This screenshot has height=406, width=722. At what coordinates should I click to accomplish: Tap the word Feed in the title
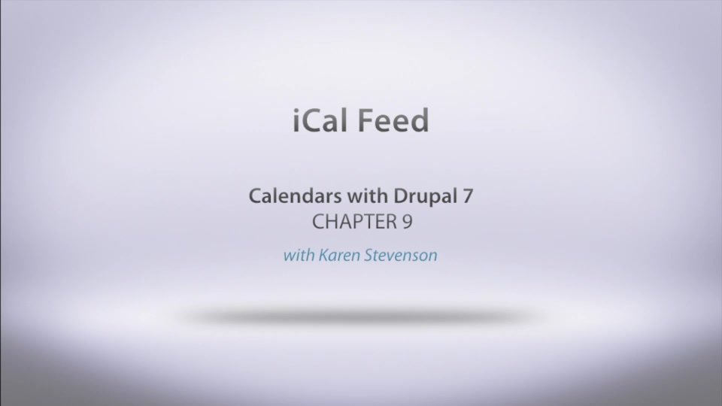point(394,120)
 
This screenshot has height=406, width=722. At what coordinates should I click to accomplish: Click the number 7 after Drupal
point(468,197)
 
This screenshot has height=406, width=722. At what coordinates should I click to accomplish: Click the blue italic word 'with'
point(299,255)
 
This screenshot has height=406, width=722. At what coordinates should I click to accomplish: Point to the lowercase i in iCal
point(296,120)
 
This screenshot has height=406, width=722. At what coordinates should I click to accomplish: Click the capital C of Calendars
point(255,197)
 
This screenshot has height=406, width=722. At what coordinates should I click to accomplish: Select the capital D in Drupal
point(399,197)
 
